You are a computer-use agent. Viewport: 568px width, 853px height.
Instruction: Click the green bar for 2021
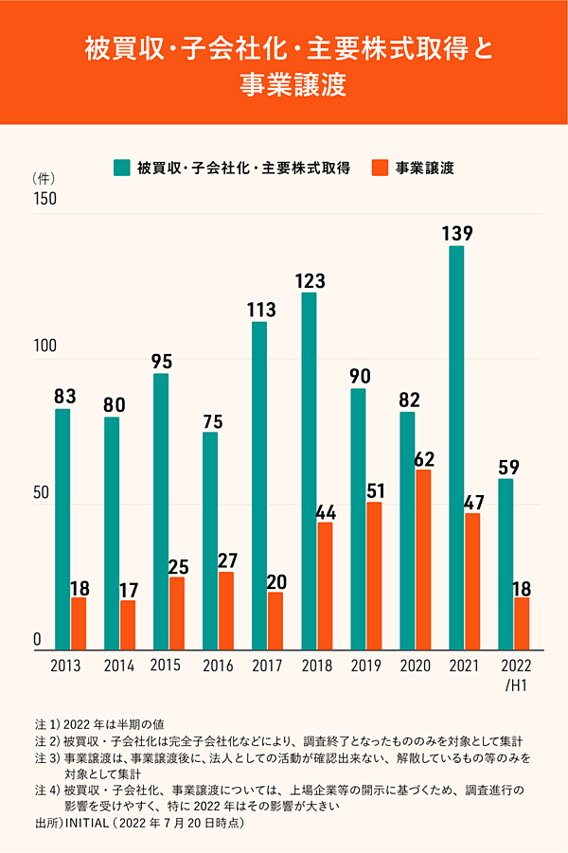pyautogui.click(x=456, y=448)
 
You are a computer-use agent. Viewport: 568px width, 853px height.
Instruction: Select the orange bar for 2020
pyautogui.click(x=423, y=560)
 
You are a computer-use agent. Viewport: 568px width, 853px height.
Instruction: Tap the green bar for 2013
pyautogui.click(x=62, y=529)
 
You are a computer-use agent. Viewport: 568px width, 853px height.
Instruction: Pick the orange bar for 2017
pyautogui.click(x=275, y=621)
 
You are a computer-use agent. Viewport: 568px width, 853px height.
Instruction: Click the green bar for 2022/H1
pyautogui.click(x=506, y=564)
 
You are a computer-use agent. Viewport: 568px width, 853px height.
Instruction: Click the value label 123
pyautogui.click(x=310, y=280)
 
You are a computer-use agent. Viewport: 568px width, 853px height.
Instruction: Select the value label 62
pyautogui.click(x=424, y=457)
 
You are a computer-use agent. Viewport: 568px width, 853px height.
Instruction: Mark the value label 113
pyautogui.click(x=259, y=310)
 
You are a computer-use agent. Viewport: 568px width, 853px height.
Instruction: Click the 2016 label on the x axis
pyautogui.click(x=218, y=666)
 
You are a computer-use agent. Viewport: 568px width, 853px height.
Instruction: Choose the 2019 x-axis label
pyautogui.click(x=365, y=666)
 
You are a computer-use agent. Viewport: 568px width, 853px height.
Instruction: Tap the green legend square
pyautogui.click(x=121, y=169)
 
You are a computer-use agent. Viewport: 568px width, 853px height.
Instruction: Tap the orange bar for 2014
pyautogui.click(x=128, y=626)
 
